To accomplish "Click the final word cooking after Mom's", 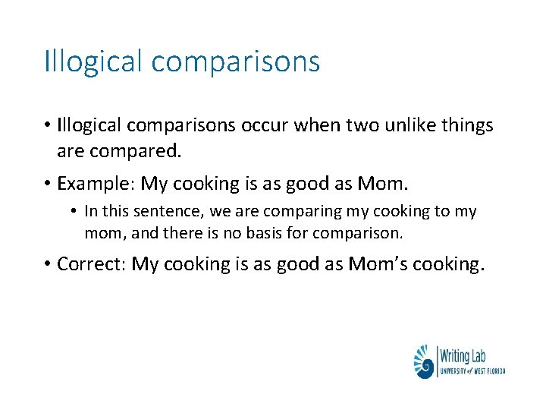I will pos(450,264).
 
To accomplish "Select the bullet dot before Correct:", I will pos(47,265).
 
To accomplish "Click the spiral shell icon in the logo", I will pos(424,361).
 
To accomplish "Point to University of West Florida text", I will pos(472,370).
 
